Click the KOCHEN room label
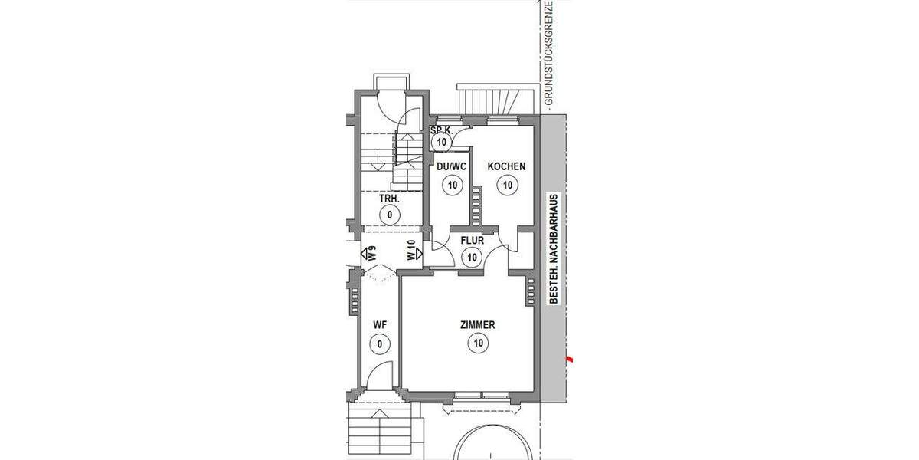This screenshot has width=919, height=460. [506, 166]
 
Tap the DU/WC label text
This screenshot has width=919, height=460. [452, 166]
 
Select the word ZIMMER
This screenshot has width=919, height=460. [477, 325]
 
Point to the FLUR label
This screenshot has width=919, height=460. [472, 240]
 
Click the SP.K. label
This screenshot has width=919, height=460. [440, 130]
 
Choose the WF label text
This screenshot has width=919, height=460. [380, 325]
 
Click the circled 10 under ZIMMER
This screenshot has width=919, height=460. [477, 343]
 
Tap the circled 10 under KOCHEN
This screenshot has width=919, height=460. [506, 184]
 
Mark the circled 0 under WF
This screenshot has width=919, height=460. [380, 343]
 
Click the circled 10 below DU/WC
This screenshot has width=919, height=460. [452, 184]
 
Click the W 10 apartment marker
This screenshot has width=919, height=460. [412, 251]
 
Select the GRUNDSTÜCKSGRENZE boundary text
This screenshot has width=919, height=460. [548, 54]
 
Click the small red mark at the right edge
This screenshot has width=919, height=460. [568, 358]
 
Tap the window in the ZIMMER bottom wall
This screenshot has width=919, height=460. [481, 396]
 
